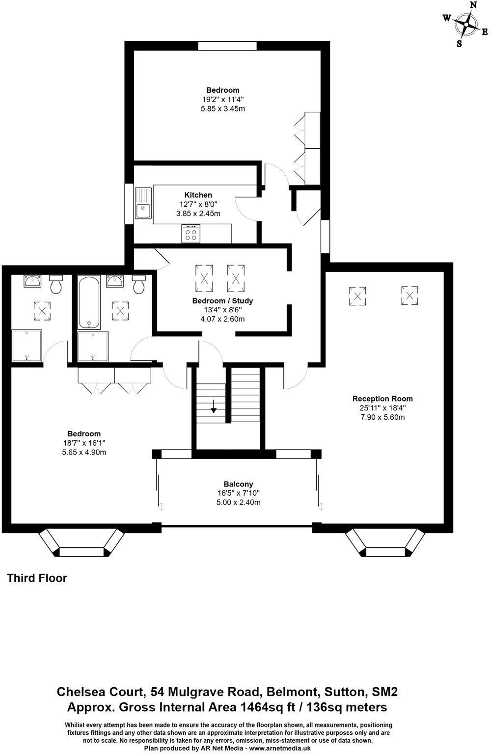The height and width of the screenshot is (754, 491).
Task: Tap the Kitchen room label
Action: (198, 195)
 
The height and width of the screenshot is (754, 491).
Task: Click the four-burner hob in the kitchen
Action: (191, 234)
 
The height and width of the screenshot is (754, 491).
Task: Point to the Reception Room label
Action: (382, 399)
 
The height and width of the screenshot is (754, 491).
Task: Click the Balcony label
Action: (238, 484)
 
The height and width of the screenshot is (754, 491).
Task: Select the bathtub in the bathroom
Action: (89, 303)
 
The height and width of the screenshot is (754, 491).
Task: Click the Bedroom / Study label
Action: (222, 300)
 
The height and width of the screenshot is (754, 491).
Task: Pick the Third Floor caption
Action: (37, 578)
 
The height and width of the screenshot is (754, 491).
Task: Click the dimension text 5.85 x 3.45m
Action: (222, 108)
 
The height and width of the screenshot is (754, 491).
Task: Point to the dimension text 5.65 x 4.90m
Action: (84, 452)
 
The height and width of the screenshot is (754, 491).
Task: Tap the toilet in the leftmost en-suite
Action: (55, 284)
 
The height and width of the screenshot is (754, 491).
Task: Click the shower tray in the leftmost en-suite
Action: (27, 346)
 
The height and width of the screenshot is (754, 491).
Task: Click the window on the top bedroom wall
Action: (227, 46)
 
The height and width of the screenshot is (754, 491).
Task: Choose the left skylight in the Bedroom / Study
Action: (204, 278)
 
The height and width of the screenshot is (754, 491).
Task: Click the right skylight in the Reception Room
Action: (409, 296)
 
